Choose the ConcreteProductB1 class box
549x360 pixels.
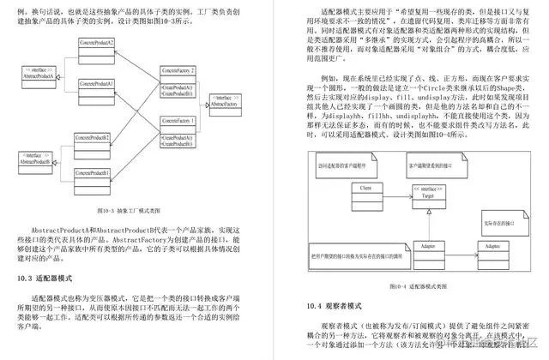tap(95, 177)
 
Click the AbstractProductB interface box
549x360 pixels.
tap(38, 159)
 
